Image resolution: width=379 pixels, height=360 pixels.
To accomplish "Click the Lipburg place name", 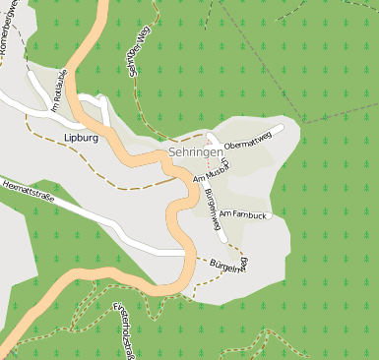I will click(x=82, y=138).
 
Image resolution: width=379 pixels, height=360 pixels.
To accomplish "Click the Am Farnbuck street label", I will click(x=242, y=213).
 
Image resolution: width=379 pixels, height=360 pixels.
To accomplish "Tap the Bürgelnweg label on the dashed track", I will click(x=229, y=266).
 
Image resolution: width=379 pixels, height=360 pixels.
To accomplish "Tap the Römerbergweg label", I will click(x=7, y=34).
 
